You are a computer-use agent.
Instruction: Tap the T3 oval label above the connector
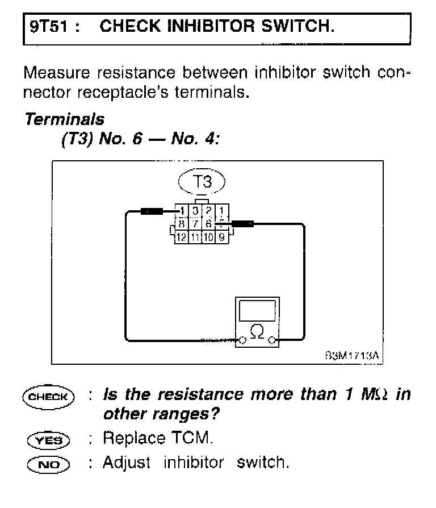pyautogui.click(x=202, y=182)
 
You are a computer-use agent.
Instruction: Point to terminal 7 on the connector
pyautogui.click(x=195, y=224)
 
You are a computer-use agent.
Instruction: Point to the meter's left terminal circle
pyautogui.click(x=242, y=340)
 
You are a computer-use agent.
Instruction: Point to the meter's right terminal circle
pyautogui.click(x=272, y=340)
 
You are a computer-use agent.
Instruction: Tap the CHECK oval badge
pyautogui.click(x=49, y=396)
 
